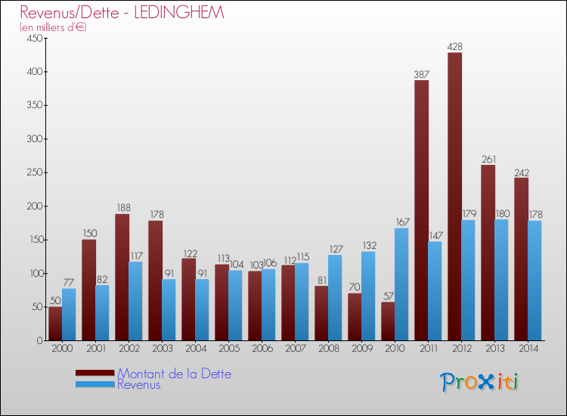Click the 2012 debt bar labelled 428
pos(454,197)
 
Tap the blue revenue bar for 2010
pos(401,284)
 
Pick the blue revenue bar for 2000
pos(69,315)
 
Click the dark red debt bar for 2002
pos(122,277)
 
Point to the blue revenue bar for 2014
pos(534,281)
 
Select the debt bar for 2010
pos(388,321)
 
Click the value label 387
pos(421,74)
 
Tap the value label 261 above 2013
pos(488,159)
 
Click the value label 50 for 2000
pos(55,300)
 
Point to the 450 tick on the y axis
pos(34,39)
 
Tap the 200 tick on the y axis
pos(34,206)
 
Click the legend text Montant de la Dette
pos(174,374)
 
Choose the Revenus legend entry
pos(139,385)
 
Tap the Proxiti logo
pos(479,382)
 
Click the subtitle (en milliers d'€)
pos(54,27)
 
